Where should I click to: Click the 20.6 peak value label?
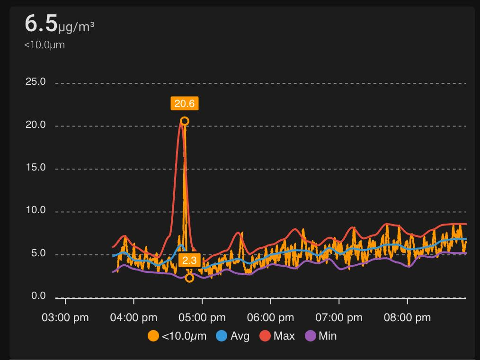pos(185,103)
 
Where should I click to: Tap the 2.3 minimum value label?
pos(189,261)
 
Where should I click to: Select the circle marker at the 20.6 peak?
pos(185,121)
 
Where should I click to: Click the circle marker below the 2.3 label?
pos(189,278)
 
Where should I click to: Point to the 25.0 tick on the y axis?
pos(36,82)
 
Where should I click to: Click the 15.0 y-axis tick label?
pos(36,168)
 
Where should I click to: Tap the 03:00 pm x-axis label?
pos(65,317)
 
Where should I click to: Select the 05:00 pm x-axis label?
pos(202,317)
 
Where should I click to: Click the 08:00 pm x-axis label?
pos(408,317)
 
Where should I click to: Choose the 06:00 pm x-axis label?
pos(271,317)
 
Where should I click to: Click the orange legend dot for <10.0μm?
pos(153,336)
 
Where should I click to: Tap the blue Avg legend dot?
pos(222,336)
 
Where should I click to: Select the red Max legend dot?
pos(265,336)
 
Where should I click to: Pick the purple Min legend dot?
pos(311,336)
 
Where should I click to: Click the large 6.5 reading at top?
pos(41,24)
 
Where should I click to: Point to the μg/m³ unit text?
pos(76,27)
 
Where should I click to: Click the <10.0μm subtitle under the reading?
pos(44,45)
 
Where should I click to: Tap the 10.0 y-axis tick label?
pos(36,210)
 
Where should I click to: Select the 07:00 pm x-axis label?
pos(339,317)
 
